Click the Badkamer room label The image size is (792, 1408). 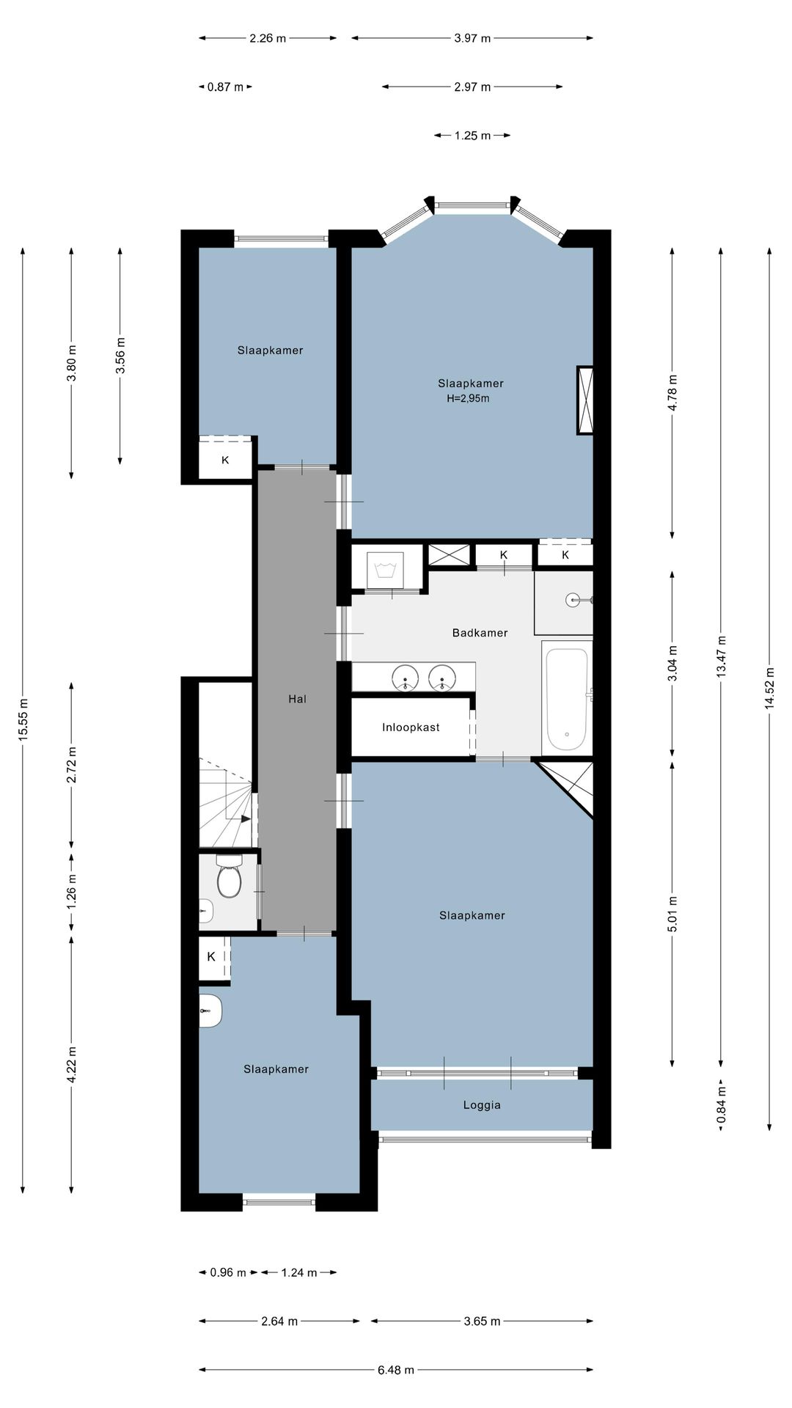pos(480,633)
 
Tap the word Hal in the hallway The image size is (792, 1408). pos(297,699)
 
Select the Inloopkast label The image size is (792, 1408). pos(411,727)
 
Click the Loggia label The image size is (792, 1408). pos(482,1105)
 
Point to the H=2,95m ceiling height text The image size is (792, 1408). pos(468,399)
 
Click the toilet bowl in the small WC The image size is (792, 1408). pos(230,880)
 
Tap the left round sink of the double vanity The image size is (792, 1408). pos(406,677)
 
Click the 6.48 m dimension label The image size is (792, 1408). pos(396,1369)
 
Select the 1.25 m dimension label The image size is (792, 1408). pos(472,135)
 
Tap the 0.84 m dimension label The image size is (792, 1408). pos(721,1104)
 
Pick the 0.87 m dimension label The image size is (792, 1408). pos(225,87)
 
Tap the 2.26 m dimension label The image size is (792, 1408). pos(268,38)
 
